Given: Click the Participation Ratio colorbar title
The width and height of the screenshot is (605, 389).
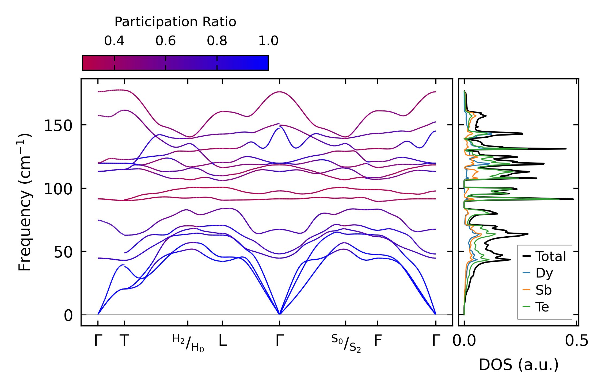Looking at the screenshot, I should coord(175,22).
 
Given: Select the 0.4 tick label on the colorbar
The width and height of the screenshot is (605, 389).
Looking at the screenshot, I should coord(114,41).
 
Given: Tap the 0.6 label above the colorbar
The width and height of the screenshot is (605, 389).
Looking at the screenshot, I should coord(166,41).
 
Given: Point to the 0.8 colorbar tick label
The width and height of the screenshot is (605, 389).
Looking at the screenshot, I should coord(217,41).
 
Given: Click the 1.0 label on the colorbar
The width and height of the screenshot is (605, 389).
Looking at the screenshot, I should coord(268,41).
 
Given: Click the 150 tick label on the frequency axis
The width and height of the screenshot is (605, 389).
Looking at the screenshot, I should coord(58,126).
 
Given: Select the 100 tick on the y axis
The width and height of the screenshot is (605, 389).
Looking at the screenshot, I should coord(58,189).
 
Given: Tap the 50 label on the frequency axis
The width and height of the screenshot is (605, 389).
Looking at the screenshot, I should coord(63,252).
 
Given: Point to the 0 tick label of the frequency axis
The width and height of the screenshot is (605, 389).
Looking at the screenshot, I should coord(68,315).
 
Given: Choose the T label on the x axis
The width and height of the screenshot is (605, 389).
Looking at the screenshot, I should coord(124,341).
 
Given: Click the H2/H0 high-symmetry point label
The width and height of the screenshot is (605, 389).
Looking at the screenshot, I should coord(188,343).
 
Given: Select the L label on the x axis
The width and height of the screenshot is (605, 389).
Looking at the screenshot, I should coord(223,341).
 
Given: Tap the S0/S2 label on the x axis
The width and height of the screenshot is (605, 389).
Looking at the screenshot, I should coord(346,343).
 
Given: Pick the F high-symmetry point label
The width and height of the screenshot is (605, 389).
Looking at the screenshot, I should coord(378,341).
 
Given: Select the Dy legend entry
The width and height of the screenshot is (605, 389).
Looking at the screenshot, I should coord(544,273).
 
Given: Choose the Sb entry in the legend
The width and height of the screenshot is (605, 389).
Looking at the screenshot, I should coord(543,290).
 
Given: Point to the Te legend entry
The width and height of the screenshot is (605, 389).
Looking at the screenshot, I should coord(542,307).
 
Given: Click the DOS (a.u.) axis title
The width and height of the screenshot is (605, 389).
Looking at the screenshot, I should coord(519,365).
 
